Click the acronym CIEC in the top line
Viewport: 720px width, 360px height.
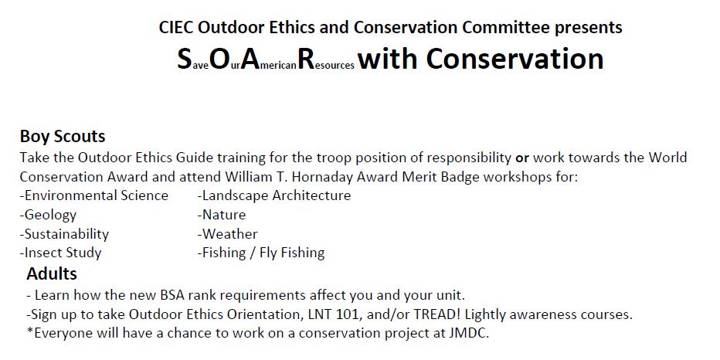pos(176,28)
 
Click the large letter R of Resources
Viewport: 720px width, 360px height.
pos(306,59)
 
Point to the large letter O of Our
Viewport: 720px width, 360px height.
pos(220,59)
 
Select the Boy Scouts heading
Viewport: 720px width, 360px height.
pos(63,137)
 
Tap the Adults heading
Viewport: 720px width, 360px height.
pos(52,274)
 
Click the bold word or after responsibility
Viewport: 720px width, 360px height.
pos(522,158)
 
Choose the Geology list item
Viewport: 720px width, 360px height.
pos(48,216)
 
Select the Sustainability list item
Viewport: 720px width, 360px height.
pos(64,235)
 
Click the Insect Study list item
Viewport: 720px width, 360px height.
pos(60,253)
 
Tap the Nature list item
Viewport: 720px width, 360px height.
pos(222,215)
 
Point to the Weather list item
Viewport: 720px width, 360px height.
pos(228,234)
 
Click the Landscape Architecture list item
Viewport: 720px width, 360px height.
pos(274,196)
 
